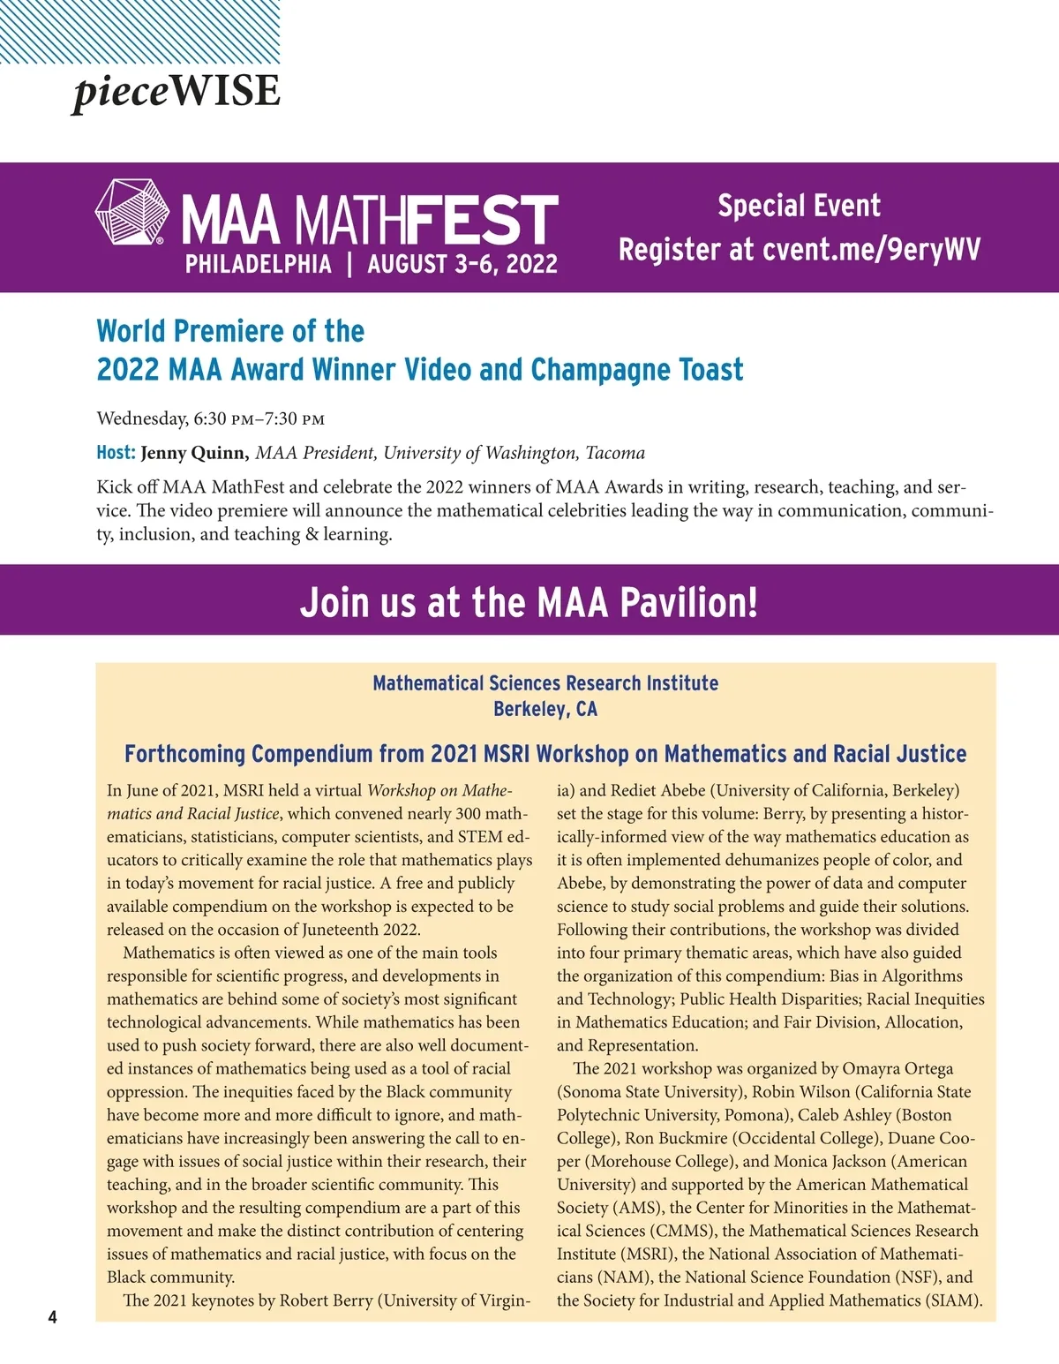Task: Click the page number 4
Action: (x=52, y=1318)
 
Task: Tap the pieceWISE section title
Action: (x=176, y=92)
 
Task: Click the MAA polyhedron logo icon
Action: (x=131, y=211)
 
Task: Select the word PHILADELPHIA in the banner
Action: (x=258, y=264)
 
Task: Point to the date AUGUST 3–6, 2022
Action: (x=462, y=264)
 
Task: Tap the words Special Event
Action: (x=799, y=207)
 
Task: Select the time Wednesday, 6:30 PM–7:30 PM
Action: (x=211, y=418)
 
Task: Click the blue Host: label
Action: (x=116, y=453)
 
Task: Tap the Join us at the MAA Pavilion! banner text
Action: (x=529, y=601)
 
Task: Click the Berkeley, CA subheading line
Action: (x=545, y=709)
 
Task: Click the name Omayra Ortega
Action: (x=898, y=1069)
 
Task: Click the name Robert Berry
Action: (x=323, y=1300)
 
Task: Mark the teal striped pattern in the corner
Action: (x=139, y=31)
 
